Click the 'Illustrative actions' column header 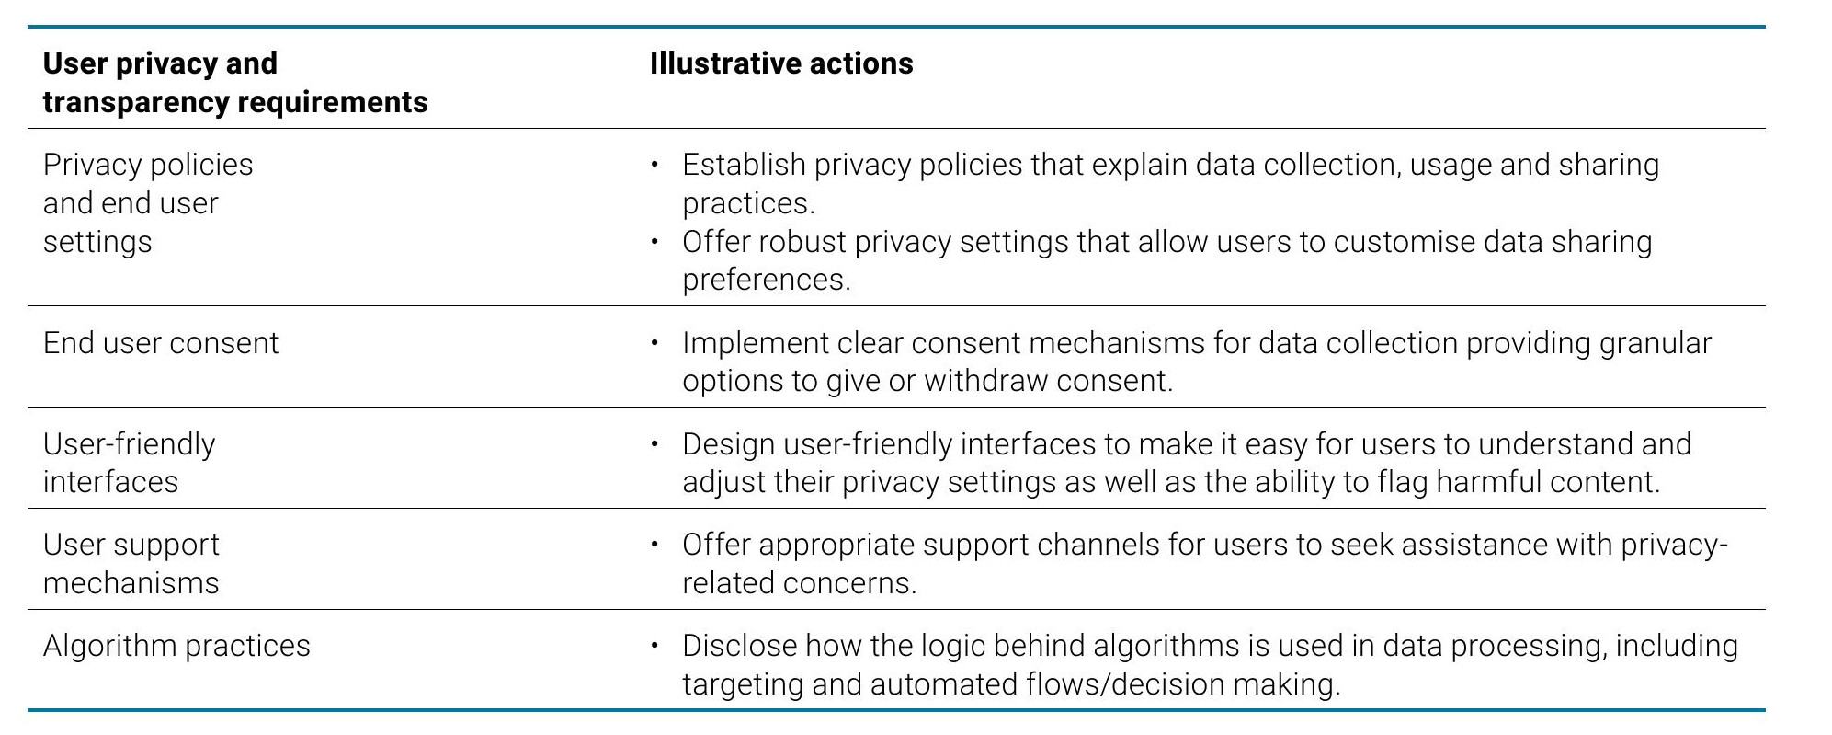[x=781, y=63]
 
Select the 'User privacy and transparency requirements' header [x=235, y=82]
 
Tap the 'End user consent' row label [x=161, y=343]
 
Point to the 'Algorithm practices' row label [x=176, y=646]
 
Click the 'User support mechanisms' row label [x=131, y=563]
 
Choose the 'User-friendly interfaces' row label [x=129, y=463]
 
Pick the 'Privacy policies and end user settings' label [x=148, y=202]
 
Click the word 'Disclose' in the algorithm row [x=739, y=646]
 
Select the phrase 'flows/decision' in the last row [x=1097, y=684]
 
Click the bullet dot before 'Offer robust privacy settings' [x=655, y=242]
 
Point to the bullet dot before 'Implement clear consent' [x=655, y=343]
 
